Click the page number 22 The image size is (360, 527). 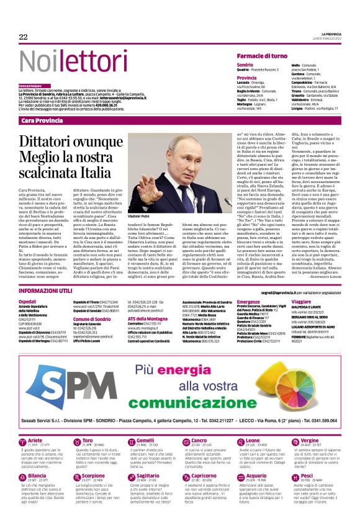[x=24, y=37]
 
